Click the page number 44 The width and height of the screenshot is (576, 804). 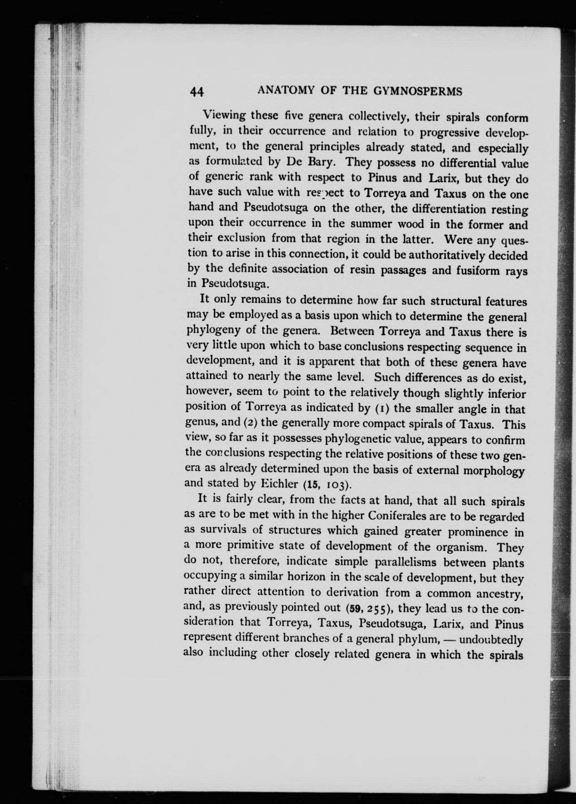[x=197, y=91]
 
